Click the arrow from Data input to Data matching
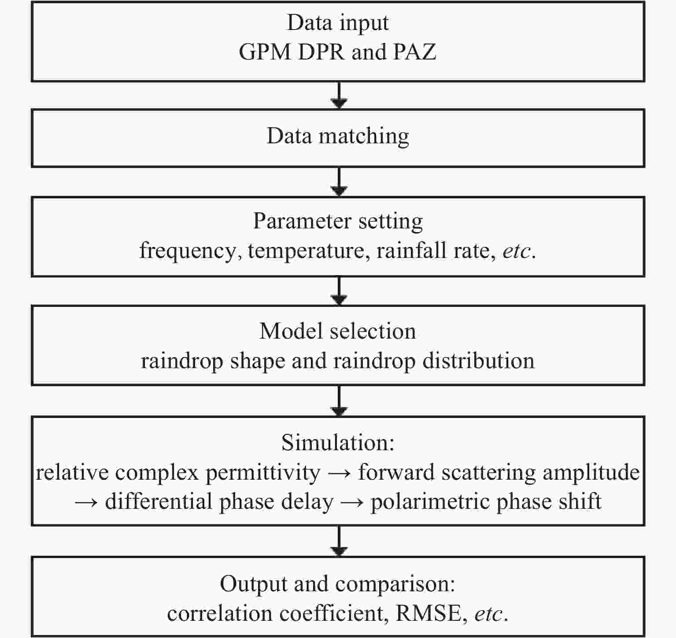click(x=339, y=95)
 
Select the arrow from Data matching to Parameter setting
click(x=339, y=182)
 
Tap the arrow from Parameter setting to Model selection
click(x=339, y=291)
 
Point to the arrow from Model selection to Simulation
click(x=339, y=401)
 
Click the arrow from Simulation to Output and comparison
click(x=339, y=541)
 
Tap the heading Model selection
click(x=338, y=331)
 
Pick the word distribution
click(x=478, y=361)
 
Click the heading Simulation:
click(x=338, y=443)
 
